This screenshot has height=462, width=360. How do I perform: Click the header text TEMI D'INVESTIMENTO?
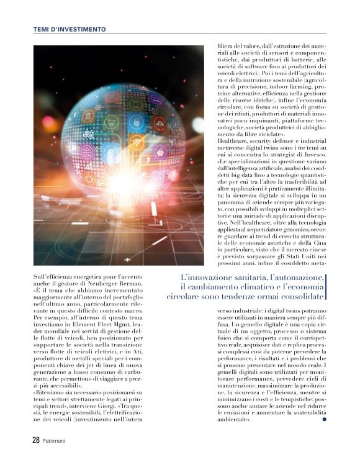coord(69,29)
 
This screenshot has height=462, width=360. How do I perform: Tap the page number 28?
coord(36,439)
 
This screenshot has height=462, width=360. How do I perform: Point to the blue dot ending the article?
coord(323,419)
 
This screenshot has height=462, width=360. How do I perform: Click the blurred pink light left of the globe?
coord(47,121)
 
